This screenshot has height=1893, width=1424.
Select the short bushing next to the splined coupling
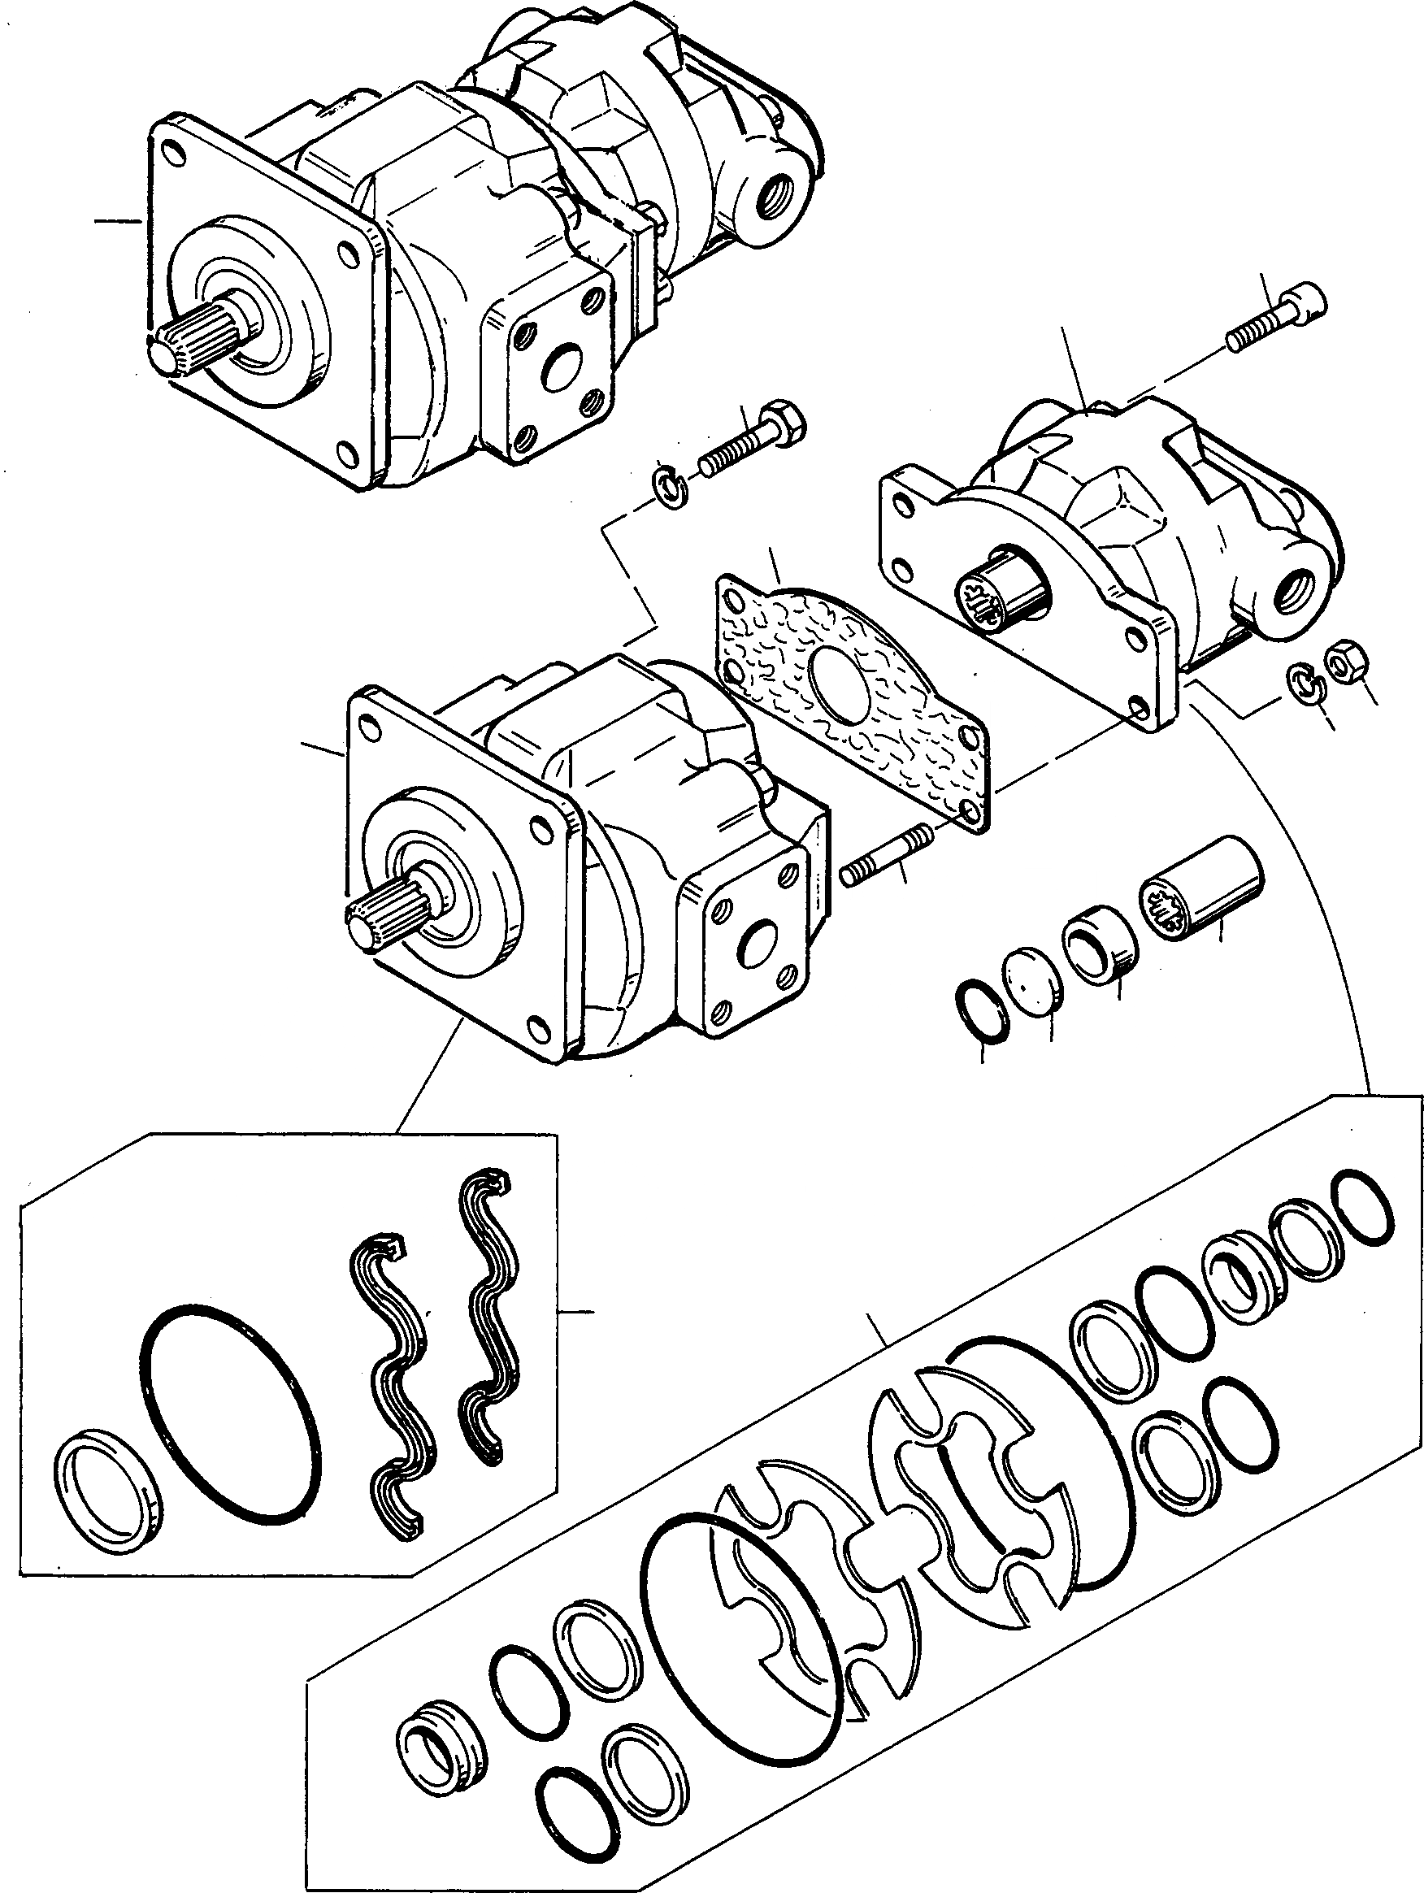tap(1098, 948)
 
